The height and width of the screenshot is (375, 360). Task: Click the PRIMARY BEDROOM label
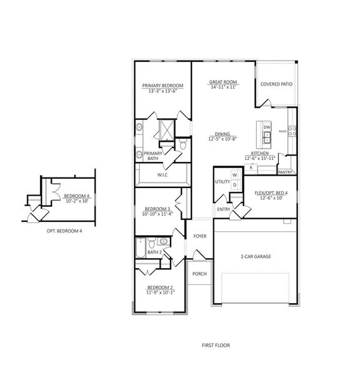point(162,85)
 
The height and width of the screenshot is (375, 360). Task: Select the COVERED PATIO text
point(276,83)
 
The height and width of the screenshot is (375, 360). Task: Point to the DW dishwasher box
point(267,127)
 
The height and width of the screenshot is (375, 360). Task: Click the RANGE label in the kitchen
point(283,131)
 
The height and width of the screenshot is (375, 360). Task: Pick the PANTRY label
point(285,171)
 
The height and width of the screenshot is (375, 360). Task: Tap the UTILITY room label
point(222,181)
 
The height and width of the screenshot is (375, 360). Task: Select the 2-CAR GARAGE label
point(255,256)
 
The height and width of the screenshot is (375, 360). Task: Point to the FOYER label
point(199,236)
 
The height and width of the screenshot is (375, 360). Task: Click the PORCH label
point(199,274)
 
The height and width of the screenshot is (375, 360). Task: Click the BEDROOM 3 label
point(157,209)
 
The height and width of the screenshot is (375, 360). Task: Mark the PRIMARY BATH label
point(152,156)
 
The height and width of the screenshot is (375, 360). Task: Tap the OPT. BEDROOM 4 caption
point(64,231)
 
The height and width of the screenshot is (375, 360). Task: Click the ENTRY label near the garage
point(223,209)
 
